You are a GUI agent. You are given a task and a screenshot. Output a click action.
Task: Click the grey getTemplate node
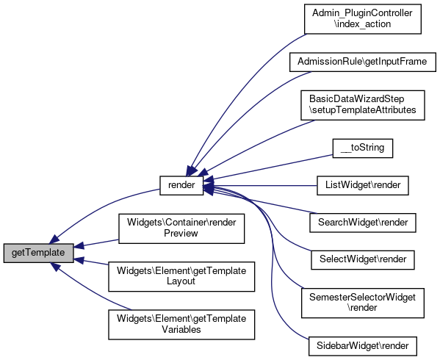[39, 253]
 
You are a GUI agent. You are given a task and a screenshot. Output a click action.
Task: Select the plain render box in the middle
[181, 185]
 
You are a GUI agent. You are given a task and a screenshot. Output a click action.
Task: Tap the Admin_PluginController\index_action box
[363, 19]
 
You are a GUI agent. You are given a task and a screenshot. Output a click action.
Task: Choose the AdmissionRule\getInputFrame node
[363, 62]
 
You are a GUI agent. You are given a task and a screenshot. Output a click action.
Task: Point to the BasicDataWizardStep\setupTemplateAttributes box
[363, 105]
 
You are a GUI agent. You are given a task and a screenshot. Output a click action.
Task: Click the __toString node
[363, 148]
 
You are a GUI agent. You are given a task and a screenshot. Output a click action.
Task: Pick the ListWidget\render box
[363, 185]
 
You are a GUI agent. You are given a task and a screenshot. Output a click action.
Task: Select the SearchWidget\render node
[363, 223]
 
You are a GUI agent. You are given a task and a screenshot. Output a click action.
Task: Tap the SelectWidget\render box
[363, 260]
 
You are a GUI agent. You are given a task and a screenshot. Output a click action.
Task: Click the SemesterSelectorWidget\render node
[363, 303]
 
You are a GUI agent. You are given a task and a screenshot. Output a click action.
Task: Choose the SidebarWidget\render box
[363, 346]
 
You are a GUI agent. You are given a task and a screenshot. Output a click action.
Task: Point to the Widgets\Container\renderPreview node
[181, 228]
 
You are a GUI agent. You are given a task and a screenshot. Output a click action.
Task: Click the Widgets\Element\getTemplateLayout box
[181, 276]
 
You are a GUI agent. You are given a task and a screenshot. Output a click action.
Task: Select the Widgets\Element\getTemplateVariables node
[181, 325]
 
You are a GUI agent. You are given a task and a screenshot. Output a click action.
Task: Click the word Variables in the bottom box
[181, 330]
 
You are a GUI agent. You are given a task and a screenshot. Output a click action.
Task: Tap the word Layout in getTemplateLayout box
[181, 281]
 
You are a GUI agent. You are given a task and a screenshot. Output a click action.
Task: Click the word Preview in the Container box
[181, 234]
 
